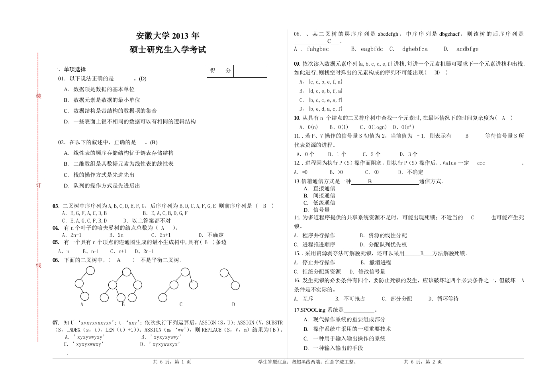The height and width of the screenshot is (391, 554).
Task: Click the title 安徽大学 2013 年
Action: [168, 36]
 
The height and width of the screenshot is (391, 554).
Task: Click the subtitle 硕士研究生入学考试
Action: [168, 50]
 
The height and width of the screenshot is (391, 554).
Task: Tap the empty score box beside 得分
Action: [250, 71]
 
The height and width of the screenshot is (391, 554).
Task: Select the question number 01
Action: [61, 79]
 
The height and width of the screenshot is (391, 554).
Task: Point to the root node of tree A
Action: [90, 271]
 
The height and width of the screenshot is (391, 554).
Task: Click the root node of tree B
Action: [127, 272]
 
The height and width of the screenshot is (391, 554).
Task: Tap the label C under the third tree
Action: [181, 305]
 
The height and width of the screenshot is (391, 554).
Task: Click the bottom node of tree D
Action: [235, 285]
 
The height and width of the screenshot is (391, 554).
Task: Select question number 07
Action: [56, 323]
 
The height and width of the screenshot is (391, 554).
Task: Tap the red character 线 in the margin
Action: [38, 265]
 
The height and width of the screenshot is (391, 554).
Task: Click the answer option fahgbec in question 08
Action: [318, 49]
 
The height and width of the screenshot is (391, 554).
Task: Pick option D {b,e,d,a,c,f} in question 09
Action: [321, 109]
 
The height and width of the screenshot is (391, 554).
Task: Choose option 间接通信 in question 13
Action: [324, 195]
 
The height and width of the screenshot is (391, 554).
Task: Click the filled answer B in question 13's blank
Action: [370, 182]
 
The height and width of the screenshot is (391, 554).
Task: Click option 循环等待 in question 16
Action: [447, 299]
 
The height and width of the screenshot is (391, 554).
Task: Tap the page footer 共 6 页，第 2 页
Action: [423, 362]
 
